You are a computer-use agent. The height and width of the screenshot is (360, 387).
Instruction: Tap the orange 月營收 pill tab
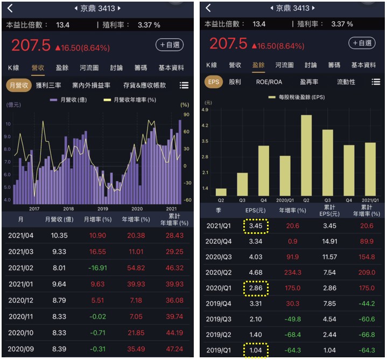tap(19, 85)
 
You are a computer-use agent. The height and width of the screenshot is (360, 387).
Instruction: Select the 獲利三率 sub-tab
tap(48, 85)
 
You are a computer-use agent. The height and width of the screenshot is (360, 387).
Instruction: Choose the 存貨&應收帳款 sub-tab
tap(144, 85)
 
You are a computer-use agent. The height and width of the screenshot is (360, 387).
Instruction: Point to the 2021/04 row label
tap(21, 236)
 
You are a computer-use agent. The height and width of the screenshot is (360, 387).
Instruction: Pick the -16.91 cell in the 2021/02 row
tap(98, 267)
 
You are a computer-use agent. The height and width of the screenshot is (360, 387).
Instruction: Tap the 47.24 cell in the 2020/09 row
tap(174, 349)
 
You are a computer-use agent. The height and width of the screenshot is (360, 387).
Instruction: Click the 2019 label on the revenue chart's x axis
tap(102, 209)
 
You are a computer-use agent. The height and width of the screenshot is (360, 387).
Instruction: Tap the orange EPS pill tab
tap(214, 82)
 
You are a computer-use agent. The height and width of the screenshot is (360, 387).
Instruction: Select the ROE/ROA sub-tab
tap(269, 82)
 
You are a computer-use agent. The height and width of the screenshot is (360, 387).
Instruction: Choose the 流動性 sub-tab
tap(346, 82)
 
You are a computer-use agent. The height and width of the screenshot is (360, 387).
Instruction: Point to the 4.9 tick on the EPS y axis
tap(205, 109)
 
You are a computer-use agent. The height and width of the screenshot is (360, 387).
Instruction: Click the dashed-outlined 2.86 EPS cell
tap(256, 288)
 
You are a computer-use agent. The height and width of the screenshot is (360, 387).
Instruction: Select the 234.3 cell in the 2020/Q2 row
tap(292, 273)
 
